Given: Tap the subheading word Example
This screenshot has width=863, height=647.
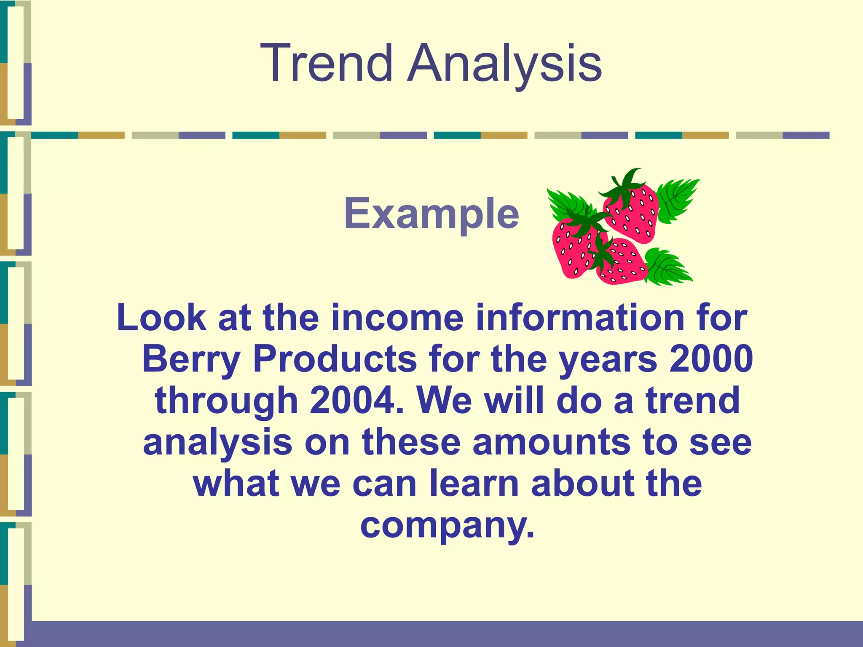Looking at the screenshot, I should [431, 214].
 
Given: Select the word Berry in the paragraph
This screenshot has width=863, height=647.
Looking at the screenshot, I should [190, 359].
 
